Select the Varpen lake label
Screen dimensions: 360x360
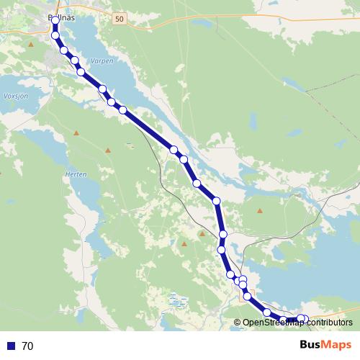pyautogui.click(x=102, y=62)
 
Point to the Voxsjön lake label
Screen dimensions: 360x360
pyautogui.click(x=15, y=95)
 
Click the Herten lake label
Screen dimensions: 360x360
pyautogui.click(x=76, y=175)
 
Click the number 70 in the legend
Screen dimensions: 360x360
pyautogui.click(x=27, y=346)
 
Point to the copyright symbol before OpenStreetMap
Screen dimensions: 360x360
pyautogui.click(x=237, y=323)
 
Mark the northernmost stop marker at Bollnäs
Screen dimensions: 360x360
pyautogui.click(x=55, y=20)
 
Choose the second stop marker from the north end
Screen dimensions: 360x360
pyautogui.click(x=55, y=35)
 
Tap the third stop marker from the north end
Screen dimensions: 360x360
pyautogui.click(x=64, y=50)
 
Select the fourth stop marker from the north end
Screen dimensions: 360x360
pyautogui.click(x=74, y=60)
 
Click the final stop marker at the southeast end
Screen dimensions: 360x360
pyautogui.click(x=305, y=319)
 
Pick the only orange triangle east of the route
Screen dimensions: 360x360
pyautogui.click(x=260, y=211)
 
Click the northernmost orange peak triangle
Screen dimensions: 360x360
pyautogui.click(x=31, y=45)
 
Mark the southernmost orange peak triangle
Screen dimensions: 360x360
pyautogui.click(x=184, y=243)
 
